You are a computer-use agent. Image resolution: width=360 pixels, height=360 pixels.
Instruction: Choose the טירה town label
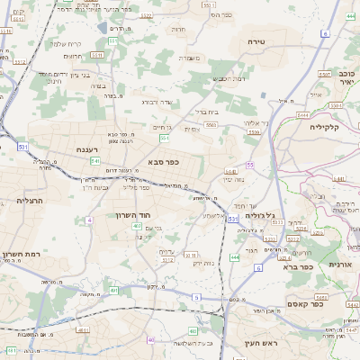pyautogui.click(x=258, y=41)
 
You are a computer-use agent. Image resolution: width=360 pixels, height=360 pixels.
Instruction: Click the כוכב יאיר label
pyautogui.click(x=346, y=76)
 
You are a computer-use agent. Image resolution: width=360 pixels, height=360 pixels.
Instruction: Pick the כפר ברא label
pyautogui.click(x=297, y=266)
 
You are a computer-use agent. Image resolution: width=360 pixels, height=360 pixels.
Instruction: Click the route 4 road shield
pyautogui.click(x=89, y=220)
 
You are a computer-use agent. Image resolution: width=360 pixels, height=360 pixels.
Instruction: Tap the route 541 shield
pyautogui.click(x=94, y=160)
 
